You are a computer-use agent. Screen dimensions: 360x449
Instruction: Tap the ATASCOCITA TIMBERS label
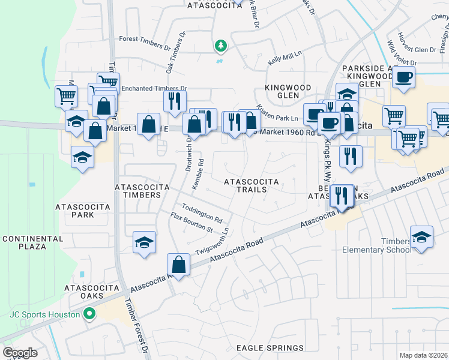142,191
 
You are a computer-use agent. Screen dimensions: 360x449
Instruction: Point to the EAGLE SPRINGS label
270,348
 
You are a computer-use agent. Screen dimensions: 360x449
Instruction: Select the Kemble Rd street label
197,174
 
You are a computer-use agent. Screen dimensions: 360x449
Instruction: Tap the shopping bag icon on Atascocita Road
179,263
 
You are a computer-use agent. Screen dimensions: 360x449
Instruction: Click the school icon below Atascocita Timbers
144,242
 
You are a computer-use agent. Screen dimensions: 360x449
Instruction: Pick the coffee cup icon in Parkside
403,77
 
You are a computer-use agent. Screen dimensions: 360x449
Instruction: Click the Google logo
20,352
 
